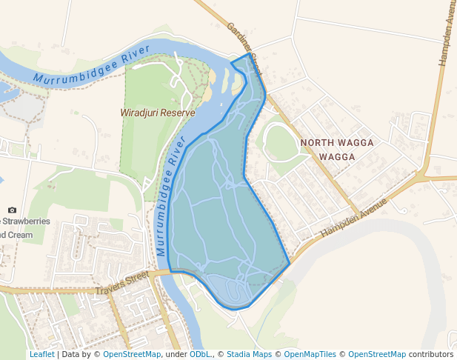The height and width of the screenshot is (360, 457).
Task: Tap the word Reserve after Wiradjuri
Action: [x=181, y=113]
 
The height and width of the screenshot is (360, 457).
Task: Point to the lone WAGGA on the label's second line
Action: [x=337, y=157]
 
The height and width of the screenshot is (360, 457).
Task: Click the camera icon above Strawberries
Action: [x=12, y=210]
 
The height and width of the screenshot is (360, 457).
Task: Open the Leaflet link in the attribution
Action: [x=41, y=354]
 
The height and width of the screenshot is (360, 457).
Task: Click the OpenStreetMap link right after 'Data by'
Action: [x=131, y=354]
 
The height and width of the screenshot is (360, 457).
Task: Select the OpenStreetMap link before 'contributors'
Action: [x=376, y=354]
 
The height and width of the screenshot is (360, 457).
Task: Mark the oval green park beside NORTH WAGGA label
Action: [x=279, y=141]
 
